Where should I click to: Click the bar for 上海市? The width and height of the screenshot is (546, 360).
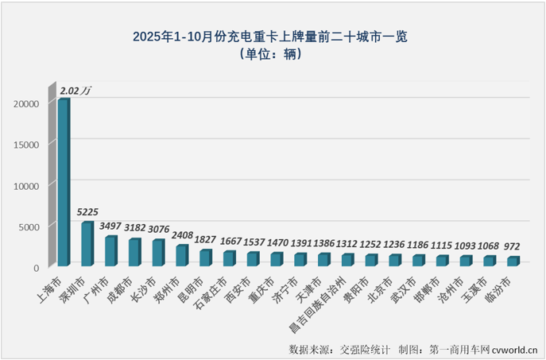coord(62,183)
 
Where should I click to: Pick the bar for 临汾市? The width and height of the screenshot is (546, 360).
coord(513,261)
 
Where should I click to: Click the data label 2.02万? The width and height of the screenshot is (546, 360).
coord(76,91)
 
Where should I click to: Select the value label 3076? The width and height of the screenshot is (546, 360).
coord(159,230)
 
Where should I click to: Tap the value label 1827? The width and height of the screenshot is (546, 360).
coord(206,241)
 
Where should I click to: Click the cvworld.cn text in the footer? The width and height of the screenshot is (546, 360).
coord(516,349)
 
